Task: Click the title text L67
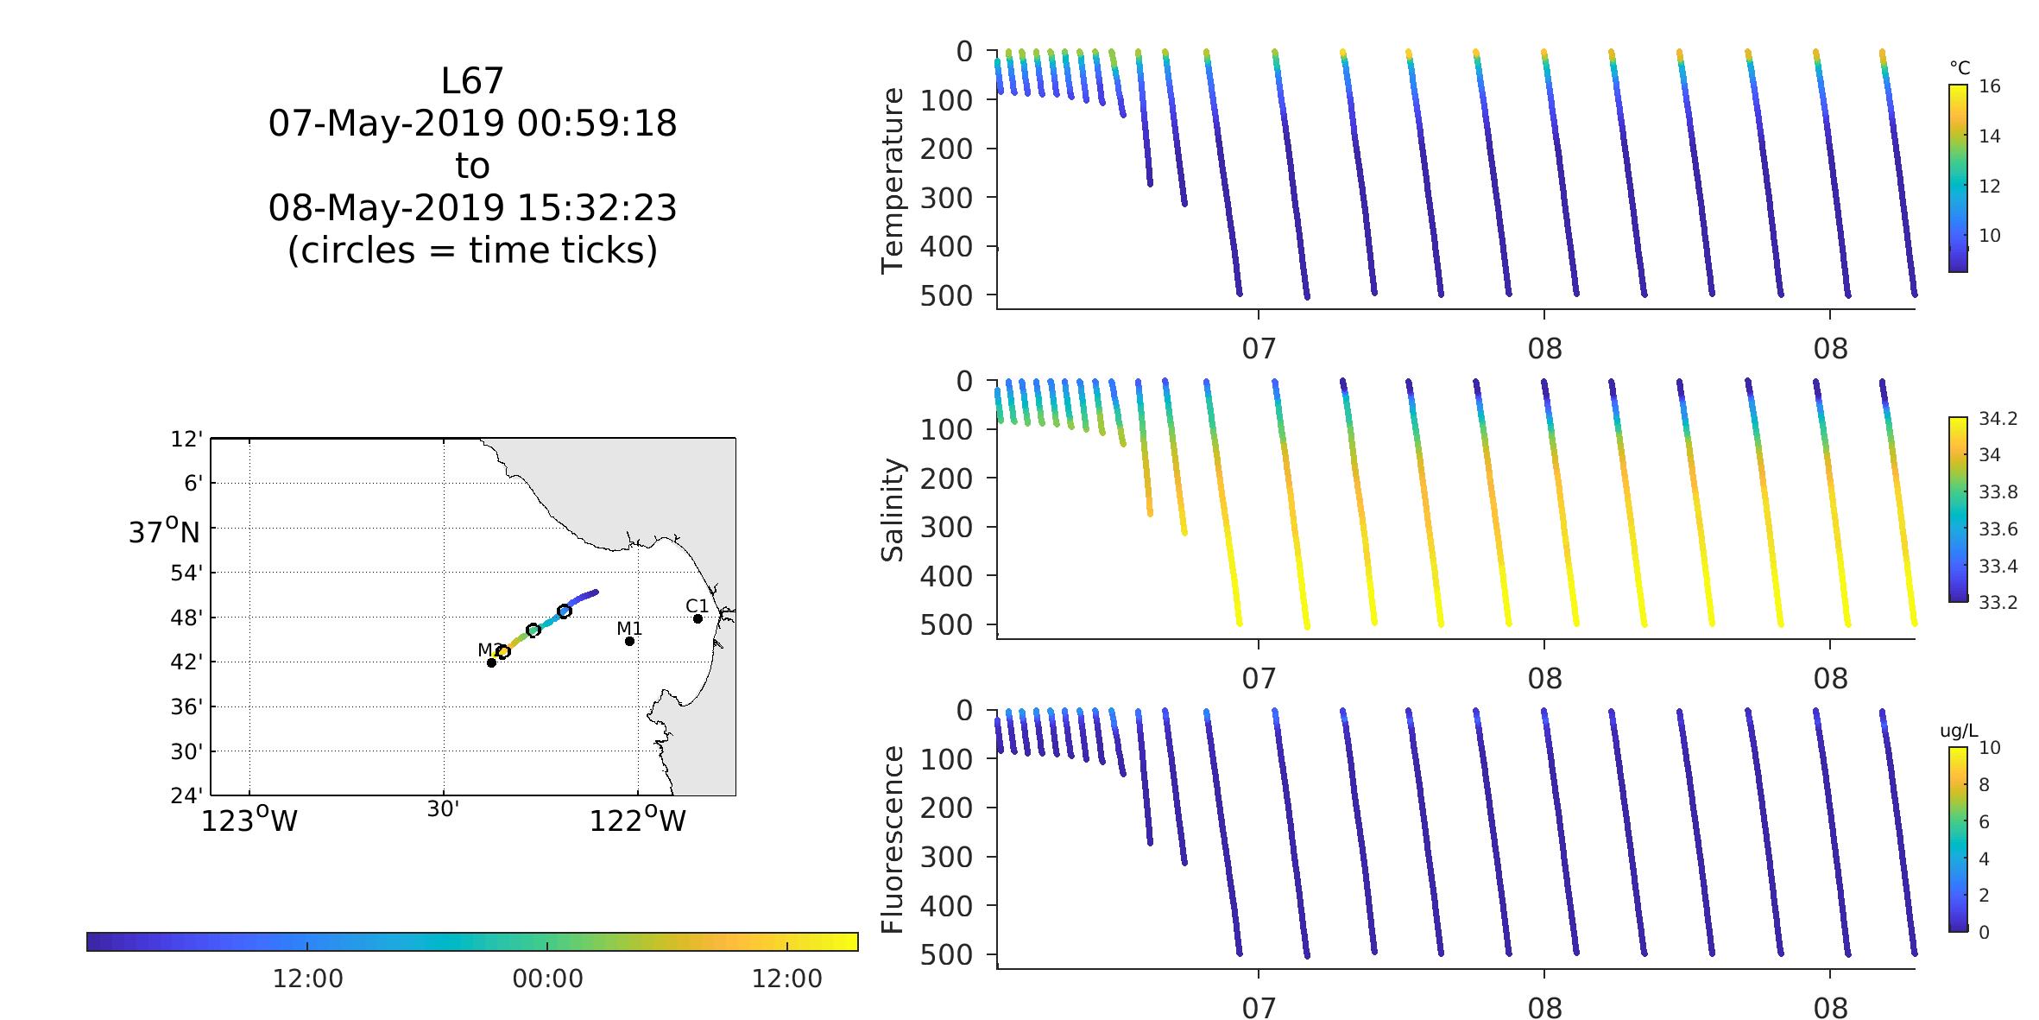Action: coord(472,81)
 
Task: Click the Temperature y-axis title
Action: coord(892,181)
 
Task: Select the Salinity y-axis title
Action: coord(892,510)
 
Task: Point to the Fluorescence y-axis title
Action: coord(892,839)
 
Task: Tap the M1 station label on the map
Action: coord(629,629)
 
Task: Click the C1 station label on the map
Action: coord(697,605)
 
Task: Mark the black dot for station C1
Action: coord(698,618)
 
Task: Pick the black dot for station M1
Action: coord(629,641)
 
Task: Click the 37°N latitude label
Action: coord(164,531)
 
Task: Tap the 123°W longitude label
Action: coord(249,820)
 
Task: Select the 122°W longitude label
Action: coord(637,820)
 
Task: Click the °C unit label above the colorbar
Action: coord(1960,67)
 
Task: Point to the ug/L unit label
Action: coord(1959,731)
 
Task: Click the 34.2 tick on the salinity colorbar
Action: coord(1998,419)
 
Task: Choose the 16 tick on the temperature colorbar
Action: coord(1990,86)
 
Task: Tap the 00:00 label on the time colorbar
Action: coord(547,979)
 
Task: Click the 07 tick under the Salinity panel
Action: coord(1259,679)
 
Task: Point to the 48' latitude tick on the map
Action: coord(188,618)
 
